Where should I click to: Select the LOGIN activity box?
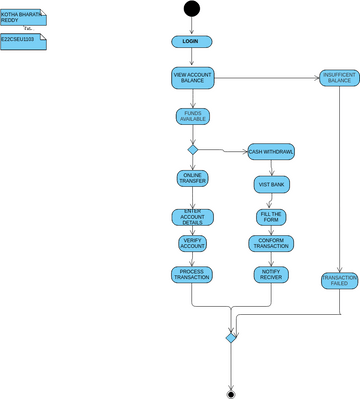(x=191, y=42)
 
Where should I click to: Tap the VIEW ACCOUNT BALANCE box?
(x=192, y=79)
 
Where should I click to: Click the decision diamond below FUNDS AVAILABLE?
(x=192, y=150)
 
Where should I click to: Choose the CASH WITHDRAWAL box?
(x=271, y=152)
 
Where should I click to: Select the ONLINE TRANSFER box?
(x=192, y=179)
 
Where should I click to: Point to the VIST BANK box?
(x=271, y=185)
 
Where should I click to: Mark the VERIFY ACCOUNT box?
(x=192, y=243)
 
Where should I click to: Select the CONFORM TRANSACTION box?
(x=271, y=243)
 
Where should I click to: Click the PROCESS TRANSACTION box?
(x=192, y=274)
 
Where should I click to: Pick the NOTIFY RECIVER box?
(x=271, y=274)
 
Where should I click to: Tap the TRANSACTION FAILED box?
(x=340, y=280)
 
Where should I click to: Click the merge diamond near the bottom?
(x=231, y=338)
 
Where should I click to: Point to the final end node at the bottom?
(x=231, y=390)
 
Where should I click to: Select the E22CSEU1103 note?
(x=22, y=41)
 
